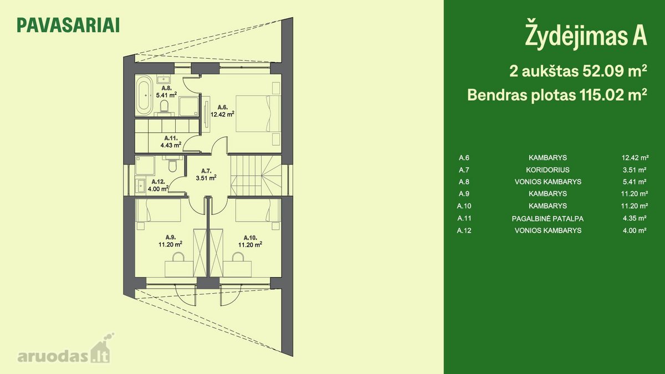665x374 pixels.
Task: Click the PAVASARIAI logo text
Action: [x=68, y=25]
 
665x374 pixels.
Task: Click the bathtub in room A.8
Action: [x=144, y=95]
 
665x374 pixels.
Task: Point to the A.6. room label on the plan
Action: [x=223, y=107]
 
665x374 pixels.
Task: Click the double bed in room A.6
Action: [x=258, y=113]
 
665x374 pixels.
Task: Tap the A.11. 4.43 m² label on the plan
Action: [x=171, y=142]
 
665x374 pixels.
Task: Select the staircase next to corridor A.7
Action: [x=256, y=176]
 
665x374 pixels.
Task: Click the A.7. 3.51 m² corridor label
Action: [x=206, y=175]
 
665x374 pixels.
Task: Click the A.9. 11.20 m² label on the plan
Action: [x=170, y=241]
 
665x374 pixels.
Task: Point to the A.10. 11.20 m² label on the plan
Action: [x=250, y=241]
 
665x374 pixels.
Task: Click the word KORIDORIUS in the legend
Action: [x=548, y=170]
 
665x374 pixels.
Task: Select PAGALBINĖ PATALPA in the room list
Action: [x=548, y=219]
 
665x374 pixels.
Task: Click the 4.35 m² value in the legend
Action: [x=635, y=218]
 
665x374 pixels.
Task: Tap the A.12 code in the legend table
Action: [x=464, y=230]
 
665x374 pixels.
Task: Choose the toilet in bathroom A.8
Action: [x=164, y=107]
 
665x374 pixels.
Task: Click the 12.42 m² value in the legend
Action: [x=635, y=157]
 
